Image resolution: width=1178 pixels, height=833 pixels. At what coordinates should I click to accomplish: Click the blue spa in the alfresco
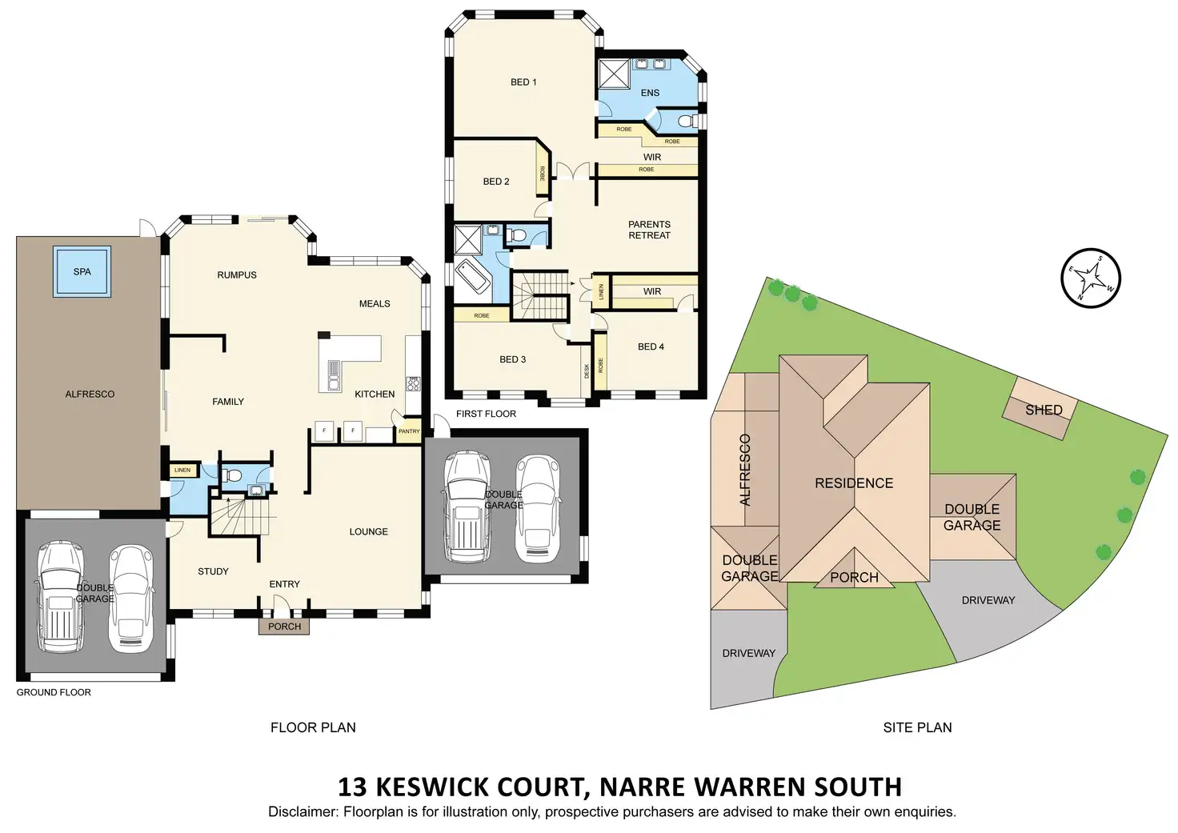[x=82, y=271]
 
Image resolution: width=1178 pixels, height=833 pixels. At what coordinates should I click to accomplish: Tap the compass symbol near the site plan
[x=1090, y=278]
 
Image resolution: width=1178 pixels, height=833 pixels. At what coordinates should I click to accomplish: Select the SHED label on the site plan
[x=1044, y=410]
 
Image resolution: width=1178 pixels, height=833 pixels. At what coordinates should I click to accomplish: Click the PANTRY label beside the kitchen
[x=409, y=431]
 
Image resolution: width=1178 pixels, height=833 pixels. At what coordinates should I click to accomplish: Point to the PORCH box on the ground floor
[x=284, y=627]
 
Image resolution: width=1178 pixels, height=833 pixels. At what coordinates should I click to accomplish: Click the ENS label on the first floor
[x=650, y=93]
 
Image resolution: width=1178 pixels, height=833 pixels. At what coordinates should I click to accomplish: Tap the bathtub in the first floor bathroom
[x=472, y=276]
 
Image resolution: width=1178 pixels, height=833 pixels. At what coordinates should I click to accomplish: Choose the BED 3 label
[x=512, y=359]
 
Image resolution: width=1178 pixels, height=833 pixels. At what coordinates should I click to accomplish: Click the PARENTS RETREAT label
[x=649, y=230]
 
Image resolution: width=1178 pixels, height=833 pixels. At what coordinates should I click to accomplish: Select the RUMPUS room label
[x=237, y=274]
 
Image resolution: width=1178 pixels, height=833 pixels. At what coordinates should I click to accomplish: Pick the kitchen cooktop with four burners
[x=413, y=384]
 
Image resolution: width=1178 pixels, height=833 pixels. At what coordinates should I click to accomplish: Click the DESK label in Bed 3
[x=587, y=370]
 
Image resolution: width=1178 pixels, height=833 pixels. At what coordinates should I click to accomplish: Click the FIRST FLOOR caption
[x=486, y=414]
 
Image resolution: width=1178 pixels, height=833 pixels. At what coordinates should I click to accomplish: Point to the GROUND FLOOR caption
[x=54, y=692]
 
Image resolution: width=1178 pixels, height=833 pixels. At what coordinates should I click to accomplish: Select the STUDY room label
[x=213, y=571]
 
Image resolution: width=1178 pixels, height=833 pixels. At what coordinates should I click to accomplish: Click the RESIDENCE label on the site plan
[x=854, y=483]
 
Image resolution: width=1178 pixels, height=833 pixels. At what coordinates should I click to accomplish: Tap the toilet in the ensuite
[x=687, y=121]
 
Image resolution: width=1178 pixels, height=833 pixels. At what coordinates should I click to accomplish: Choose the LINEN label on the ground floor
[x=182, y=471]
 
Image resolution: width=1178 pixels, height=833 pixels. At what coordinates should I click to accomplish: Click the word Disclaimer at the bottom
[x=303, y=811]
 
